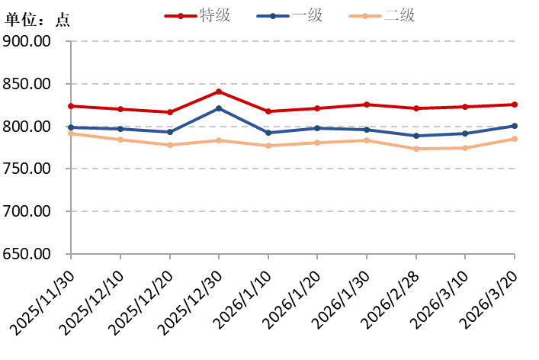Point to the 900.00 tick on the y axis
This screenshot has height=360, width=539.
click(27, 41)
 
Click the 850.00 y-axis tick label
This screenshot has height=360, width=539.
click(27, 84)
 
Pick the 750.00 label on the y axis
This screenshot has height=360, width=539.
click(27, 169)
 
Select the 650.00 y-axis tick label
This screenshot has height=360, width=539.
click(27, 254)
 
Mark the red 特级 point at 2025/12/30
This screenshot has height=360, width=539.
click(219, 92)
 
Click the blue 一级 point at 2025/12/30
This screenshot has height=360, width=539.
click(219, 108)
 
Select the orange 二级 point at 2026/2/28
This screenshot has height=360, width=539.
click(416, 149)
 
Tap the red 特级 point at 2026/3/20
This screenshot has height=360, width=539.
click(515, 104)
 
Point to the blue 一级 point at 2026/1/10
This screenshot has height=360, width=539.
click(268, 133)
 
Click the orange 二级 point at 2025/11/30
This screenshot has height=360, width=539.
click(71, 133)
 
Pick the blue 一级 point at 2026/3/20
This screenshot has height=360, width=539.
click(515, 126)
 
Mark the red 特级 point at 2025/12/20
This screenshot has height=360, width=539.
click(169, 112)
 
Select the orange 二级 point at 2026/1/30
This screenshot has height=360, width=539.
click(367, 140)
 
